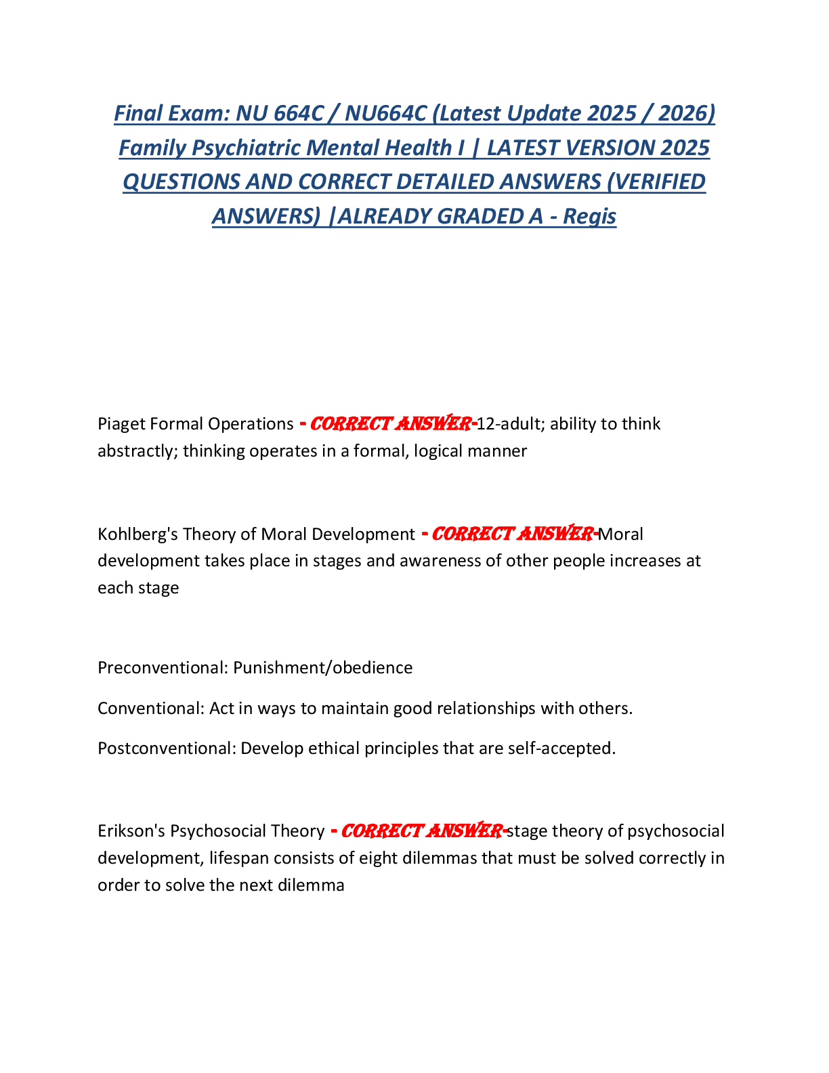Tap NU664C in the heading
coord(385,113)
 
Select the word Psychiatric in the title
coord(249,148)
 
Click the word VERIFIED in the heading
coord(656,182)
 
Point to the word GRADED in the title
coord(476,216)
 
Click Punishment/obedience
coord(323,668)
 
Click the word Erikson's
coord(132,831)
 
